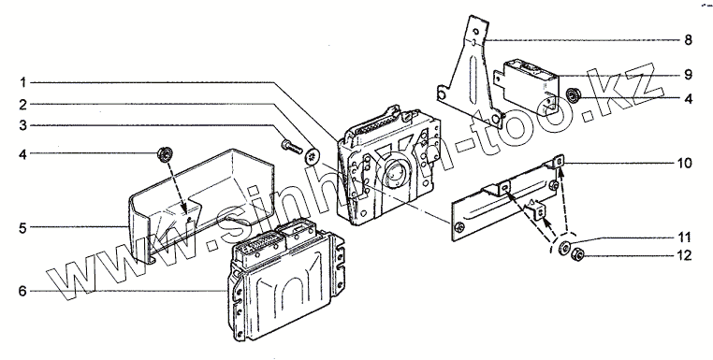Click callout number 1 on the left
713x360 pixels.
(x=22, y=82)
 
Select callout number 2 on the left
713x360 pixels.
(x=22, y=105)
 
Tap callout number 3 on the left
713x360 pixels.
(x=22, y=125)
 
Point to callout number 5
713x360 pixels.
(x=22, y=228)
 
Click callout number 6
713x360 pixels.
(x=22, y=291)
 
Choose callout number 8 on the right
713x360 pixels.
(x=688, y=40)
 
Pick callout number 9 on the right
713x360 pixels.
(x=688, y=75)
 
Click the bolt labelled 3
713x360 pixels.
(x=292, y=147)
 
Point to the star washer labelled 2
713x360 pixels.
(x=312, y=157)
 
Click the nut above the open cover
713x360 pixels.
(x=165, y=154)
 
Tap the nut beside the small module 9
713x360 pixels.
(x=574, y=96)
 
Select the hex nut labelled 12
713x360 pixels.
(x=577, y=255)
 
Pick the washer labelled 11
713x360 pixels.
(x=564, y=248)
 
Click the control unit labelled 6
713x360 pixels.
(x=285, y=281)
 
